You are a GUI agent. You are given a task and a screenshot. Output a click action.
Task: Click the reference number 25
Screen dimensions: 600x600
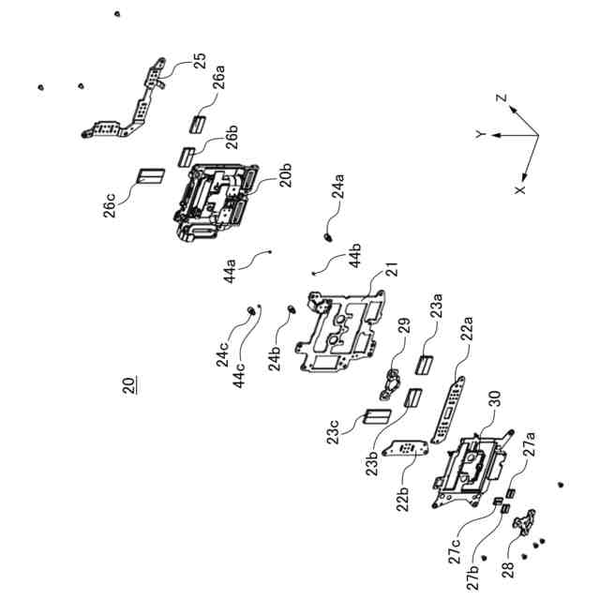200,62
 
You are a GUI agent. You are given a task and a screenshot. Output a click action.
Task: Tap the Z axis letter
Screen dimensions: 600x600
502,98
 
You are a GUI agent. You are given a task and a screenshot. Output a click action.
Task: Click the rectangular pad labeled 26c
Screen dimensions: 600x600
150,175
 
